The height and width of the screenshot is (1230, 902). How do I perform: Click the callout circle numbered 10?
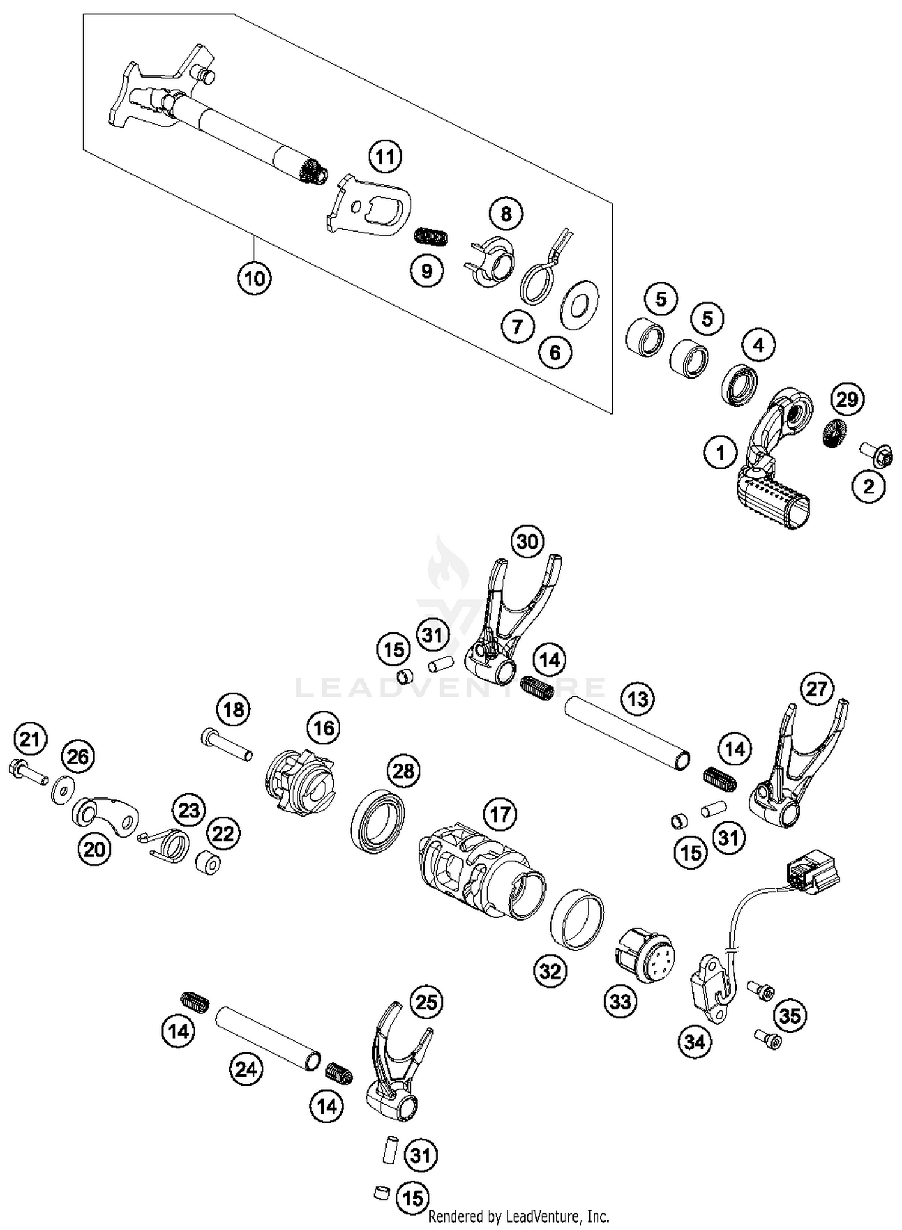coord(254,278)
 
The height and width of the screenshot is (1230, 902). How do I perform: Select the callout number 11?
coord(385,156)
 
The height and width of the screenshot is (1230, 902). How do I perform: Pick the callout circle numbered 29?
coord(847,400)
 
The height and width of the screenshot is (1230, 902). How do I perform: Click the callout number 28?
coord(403,770)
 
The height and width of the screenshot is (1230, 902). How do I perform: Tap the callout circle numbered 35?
coord(790,1015)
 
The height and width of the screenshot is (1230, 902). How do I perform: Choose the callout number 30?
coord(527,541)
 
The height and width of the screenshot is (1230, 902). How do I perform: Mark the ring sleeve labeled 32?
coord(577,918)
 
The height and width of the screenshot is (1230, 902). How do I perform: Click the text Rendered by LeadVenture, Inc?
coord(518,1216)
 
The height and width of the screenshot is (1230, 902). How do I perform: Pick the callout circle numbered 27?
coord(817,688)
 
